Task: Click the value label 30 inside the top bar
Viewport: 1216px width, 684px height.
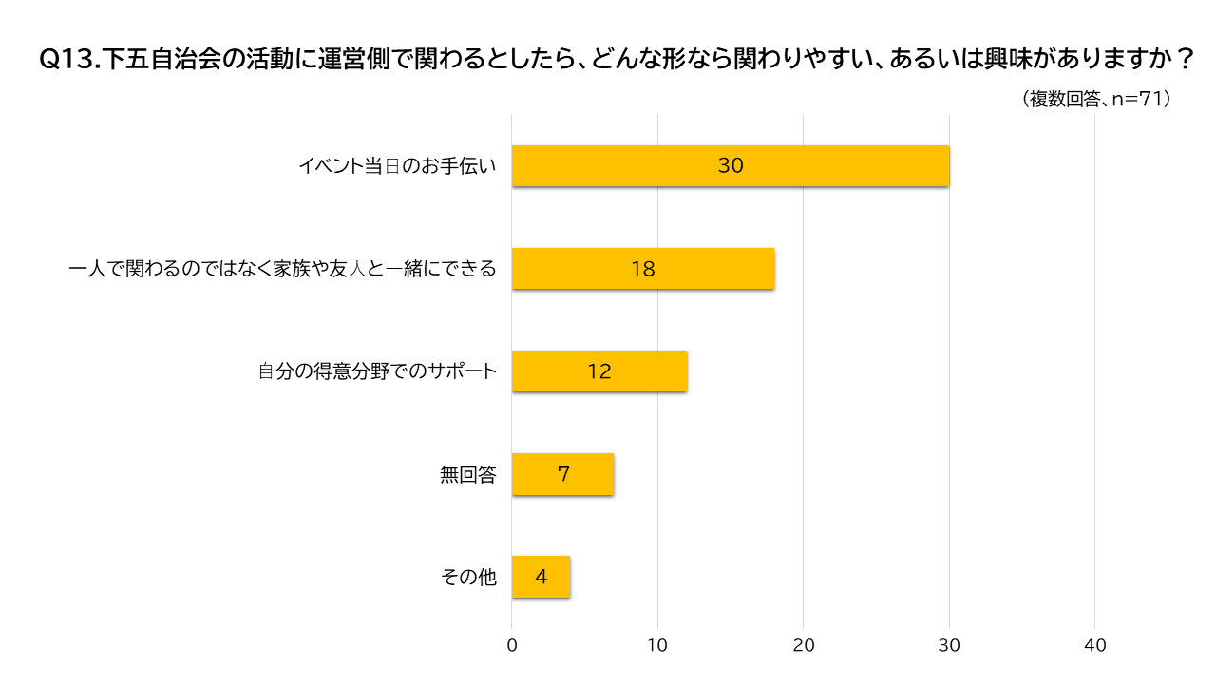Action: point(731,165)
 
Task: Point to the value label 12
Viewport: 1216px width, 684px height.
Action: point(599,371)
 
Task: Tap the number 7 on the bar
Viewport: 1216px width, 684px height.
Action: point(563,474)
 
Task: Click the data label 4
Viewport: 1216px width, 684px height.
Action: point(541,577)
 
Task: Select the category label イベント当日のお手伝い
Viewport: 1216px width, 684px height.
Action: point(397,166)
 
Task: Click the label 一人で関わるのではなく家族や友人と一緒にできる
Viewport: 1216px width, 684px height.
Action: point(283,269)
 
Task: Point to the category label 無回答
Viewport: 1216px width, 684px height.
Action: point(468,475)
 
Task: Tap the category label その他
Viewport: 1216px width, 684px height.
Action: point(469,578)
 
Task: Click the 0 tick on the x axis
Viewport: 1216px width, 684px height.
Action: point(512,646)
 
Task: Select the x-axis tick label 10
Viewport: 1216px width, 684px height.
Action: point(657,646)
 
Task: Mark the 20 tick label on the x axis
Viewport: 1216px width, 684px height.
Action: point(804,646)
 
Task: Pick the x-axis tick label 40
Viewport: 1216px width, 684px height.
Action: point(1095,646)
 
